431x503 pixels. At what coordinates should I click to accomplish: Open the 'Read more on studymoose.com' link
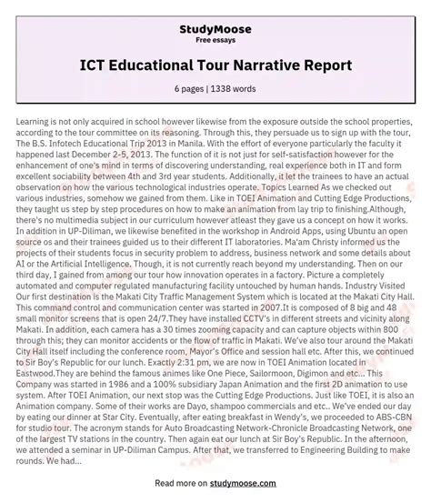click(215, 492)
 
